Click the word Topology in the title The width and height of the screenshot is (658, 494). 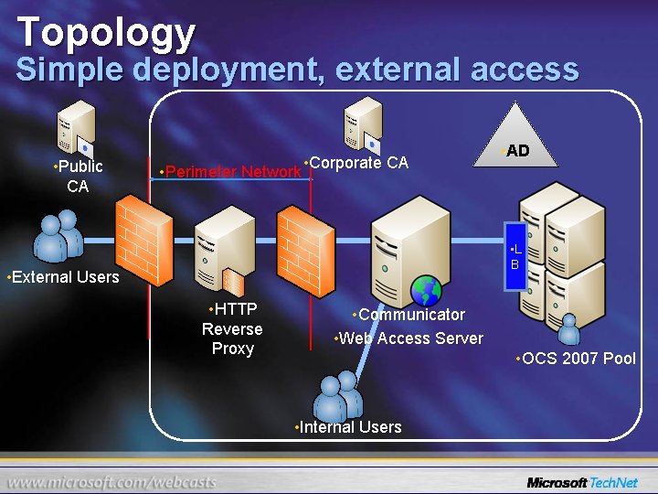(106, 32)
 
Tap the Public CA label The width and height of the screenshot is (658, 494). (78, 176)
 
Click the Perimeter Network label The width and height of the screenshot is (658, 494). (230, 171)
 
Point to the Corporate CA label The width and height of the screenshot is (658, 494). (356, 163)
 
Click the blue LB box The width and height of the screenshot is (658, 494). (515, 257)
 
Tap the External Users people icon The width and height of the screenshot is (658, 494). (58, 237)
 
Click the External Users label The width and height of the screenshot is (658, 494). (63, 276)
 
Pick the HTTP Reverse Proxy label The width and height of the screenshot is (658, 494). (232, 328)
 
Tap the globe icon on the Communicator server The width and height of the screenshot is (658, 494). (426, 290)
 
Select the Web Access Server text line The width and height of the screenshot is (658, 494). (409, 338)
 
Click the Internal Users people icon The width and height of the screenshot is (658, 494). (337, 395)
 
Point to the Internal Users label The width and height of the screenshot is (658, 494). (348, 426)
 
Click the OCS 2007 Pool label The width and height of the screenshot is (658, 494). (575, 358)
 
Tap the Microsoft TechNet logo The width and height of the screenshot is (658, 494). (582, 482)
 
